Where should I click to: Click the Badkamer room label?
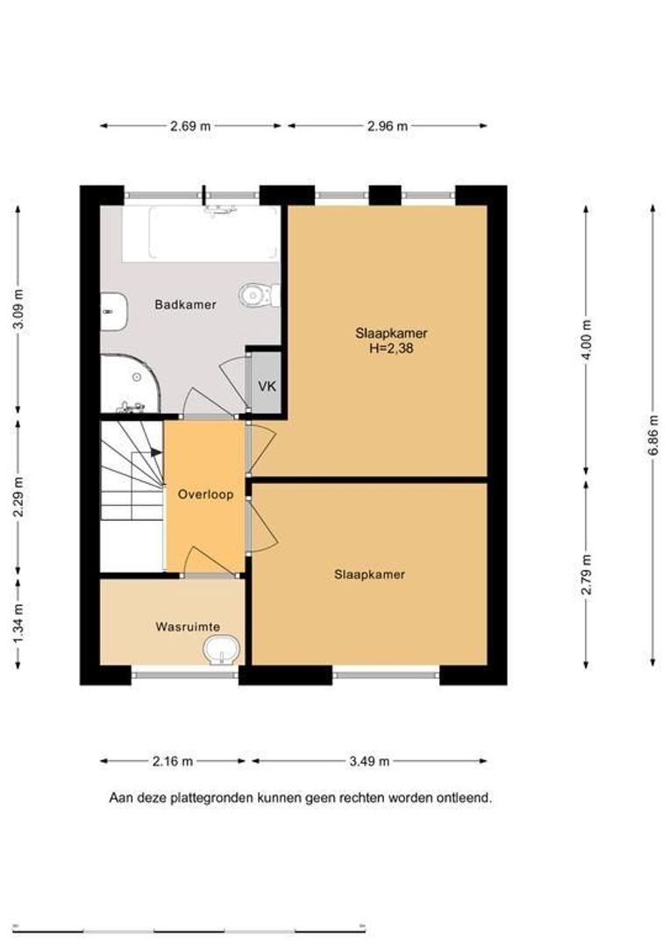185,304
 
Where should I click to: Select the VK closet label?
267,386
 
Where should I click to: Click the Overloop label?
205,495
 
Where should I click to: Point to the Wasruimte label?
188,627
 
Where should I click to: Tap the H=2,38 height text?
391,348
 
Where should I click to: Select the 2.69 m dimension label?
190,126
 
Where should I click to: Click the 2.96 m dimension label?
388,126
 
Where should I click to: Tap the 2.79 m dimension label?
586,573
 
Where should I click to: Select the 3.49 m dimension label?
369,762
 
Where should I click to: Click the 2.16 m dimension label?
173,762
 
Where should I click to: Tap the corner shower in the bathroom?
129,384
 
